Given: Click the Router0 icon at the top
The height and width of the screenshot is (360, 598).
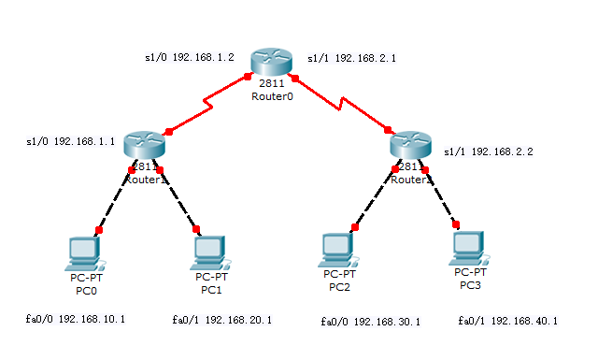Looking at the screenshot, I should click(272, 63).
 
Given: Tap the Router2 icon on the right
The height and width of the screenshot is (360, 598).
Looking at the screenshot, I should click(410, 144).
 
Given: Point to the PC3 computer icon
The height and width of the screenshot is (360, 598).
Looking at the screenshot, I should click(467, 248).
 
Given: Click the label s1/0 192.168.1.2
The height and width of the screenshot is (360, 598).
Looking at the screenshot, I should click(189, 57).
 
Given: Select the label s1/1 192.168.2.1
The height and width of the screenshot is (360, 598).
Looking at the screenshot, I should click(351, 58).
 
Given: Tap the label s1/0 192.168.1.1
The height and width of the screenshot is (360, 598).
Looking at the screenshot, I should click(71, 142).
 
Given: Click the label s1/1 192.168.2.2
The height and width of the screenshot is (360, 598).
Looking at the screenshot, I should click(488, 151).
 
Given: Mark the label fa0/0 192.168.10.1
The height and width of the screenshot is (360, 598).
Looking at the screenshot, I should click(76, 319).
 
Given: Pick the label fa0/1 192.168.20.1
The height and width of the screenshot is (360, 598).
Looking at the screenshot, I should click(222, 320).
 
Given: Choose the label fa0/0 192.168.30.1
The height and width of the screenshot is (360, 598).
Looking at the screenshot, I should click(370, 321).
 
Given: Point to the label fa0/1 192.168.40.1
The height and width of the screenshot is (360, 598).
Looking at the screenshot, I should click(508, 321).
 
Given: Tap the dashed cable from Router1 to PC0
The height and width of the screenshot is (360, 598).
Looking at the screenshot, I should click(115, 199).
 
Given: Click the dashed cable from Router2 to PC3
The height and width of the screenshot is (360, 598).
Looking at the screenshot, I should click(440, 196).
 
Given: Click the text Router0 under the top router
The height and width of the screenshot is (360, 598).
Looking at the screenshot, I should click(272, 96).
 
